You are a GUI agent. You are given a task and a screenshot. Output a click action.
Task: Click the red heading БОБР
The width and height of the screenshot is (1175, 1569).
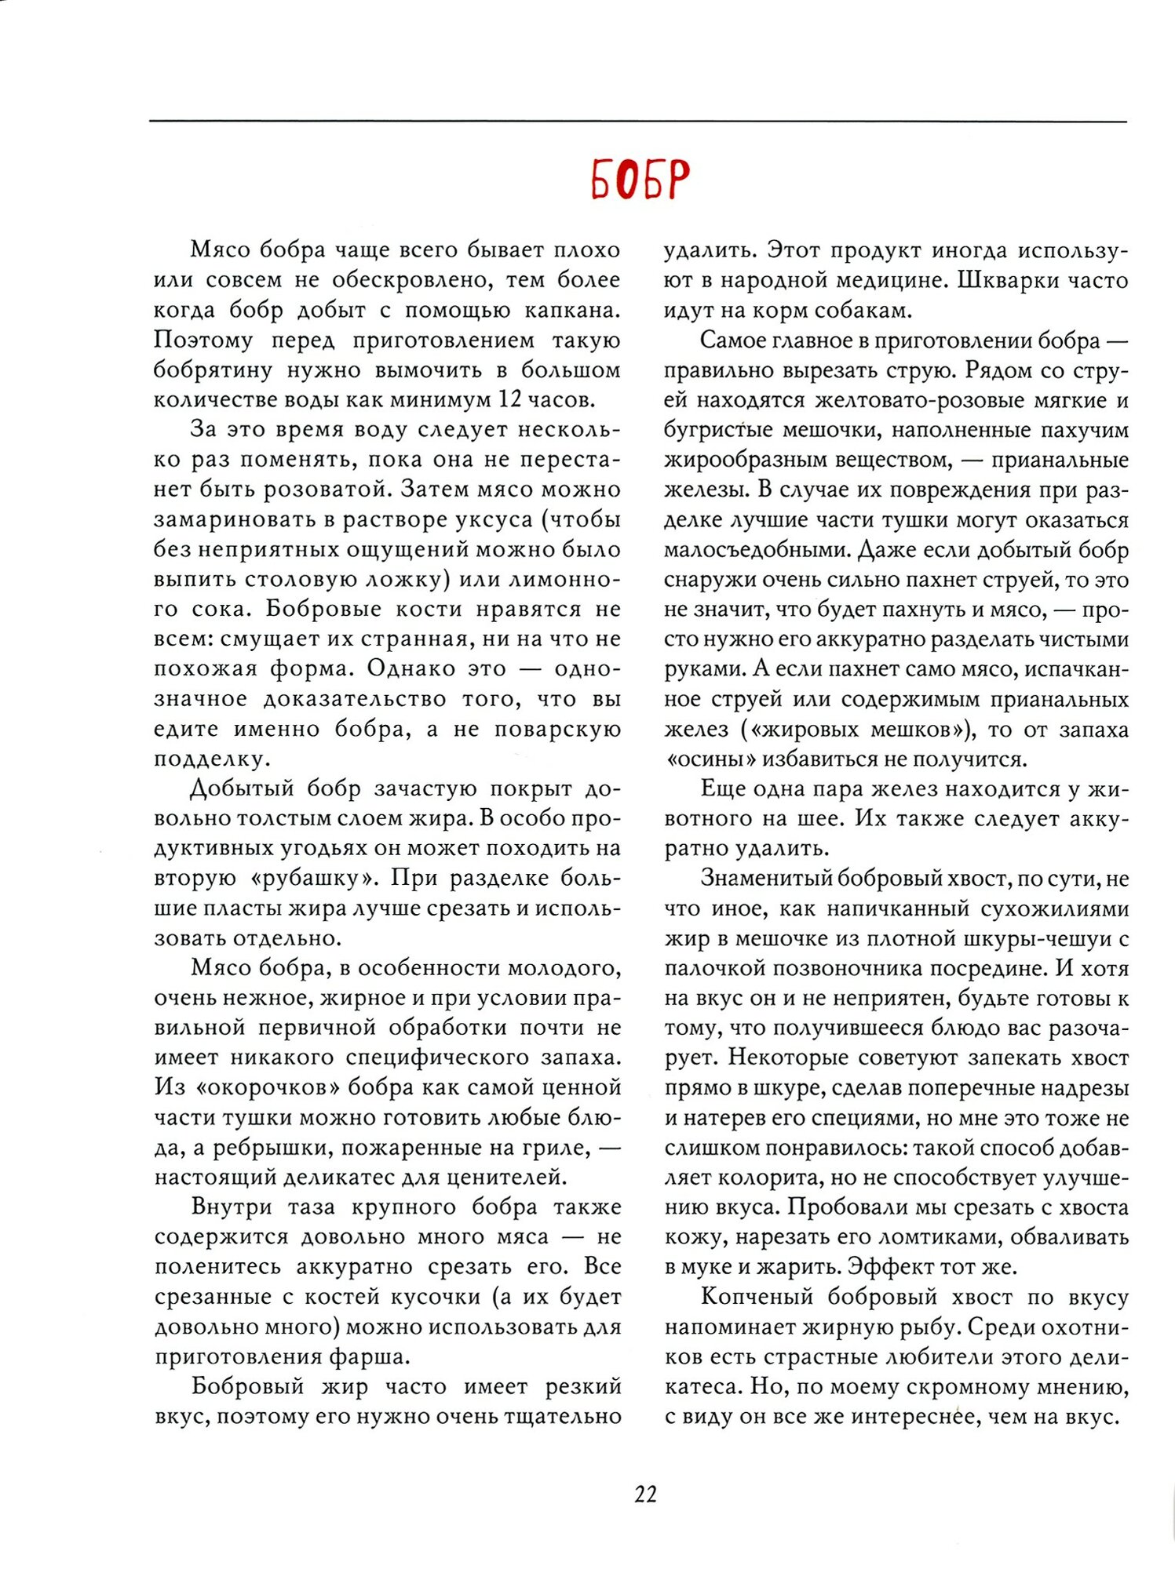(640, 180)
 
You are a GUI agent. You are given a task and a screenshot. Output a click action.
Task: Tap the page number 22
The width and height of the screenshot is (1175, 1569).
(645, 1494)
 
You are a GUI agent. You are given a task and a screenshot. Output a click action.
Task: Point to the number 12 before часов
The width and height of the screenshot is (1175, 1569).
(509, 399)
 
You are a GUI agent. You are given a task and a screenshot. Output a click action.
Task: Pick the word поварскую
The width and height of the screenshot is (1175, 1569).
(557, 729)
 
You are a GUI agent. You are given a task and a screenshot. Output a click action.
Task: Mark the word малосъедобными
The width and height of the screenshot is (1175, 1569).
(757, 550)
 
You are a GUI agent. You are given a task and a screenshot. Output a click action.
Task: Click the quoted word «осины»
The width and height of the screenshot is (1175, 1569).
(710, 759)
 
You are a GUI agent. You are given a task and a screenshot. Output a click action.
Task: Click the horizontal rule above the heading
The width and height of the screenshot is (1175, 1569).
(637, 122)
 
